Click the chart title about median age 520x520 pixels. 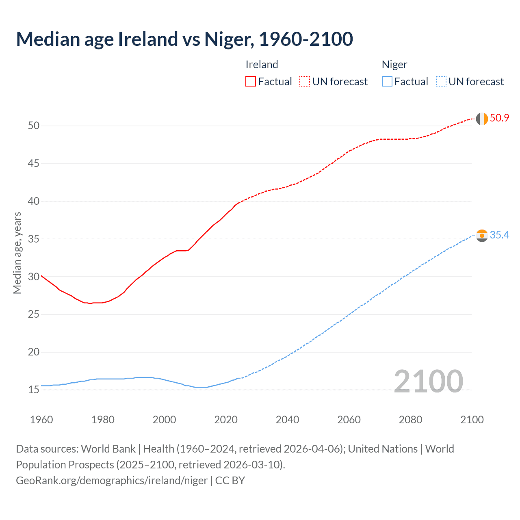click(184, 39)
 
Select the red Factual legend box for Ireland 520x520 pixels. click(251, 81)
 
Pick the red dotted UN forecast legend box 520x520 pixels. click(305, 81)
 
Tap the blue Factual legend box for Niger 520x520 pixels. click(387, 81)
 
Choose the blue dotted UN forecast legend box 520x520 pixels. click(441, 81)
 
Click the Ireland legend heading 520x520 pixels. click(262, 65)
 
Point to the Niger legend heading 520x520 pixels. click(394, 65)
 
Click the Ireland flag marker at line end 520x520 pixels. click(482, 119)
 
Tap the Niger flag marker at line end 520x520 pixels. click(482, 236)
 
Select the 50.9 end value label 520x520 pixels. click(499, 118)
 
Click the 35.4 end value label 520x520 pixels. click(499, 235)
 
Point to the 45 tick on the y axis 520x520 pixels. click(34, 164)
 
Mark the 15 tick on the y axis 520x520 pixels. click(34, 390)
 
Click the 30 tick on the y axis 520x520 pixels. click(34, 277)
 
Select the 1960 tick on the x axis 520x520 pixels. click(41, 420)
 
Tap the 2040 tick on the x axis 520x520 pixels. click(287, 420)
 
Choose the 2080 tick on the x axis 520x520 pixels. click(410, 420)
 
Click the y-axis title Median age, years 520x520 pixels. click(17, 253)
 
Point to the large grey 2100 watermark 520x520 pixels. click(428, 381)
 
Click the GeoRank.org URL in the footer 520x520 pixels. click(112, 481)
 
